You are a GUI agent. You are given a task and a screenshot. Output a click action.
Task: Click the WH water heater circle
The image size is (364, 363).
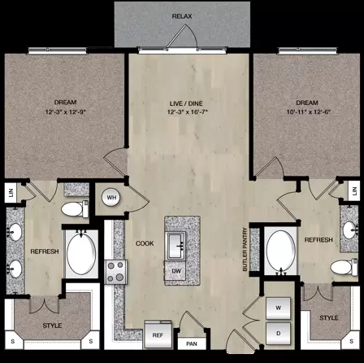click(x=111, y=197)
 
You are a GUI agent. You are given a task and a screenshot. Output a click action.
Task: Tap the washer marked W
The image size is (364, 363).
click(x=278, y=308)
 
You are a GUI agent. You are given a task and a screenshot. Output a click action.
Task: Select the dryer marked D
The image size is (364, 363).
click(x=278, y=334)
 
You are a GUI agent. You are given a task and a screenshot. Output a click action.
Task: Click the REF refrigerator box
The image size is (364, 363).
click(x=158, y=335)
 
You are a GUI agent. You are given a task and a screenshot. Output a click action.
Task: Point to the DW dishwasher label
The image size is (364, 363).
click(x=176, y=271)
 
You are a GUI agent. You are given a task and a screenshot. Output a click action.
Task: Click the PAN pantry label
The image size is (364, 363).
click(x=192, y=344)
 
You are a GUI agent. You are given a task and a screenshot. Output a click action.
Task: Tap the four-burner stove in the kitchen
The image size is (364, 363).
click(x=116, y=272)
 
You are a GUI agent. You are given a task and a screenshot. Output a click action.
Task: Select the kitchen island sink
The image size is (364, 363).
click(x=176, y=246)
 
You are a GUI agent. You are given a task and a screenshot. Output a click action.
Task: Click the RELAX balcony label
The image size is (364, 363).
click(x=182, y=16)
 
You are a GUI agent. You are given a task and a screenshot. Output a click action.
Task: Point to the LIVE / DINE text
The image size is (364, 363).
click(x=186, y=103)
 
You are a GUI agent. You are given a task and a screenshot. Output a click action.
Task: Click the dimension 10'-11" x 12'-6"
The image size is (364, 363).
click(x=309, y=112)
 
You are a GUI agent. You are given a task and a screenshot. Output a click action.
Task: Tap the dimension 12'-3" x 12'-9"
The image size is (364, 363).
click(x=66, y=112)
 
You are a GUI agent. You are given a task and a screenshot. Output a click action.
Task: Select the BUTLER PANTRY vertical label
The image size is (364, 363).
click(x=245, y=249)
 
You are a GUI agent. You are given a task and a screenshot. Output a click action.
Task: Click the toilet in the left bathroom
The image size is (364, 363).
click(x=75, y=209)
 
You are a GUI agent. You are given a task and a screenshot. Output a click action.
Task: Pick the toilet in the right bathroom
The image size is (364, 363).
click(x=344, y=267)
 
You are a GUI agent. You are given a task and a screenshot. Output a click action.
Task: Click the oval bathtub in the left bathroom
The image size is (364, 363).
click(x=81, y=253)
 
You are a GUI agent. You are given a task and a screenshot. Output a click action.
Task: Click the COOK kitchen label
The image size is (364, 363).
click(x=145, y=243)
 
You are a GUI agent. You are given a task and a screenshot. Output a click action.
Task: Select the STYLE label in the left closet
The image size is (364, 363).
click(x=52, y=326)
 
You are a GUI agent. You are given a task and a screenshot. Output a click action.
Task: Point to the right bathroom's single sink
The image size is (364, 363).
click(x=349, y=230)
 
